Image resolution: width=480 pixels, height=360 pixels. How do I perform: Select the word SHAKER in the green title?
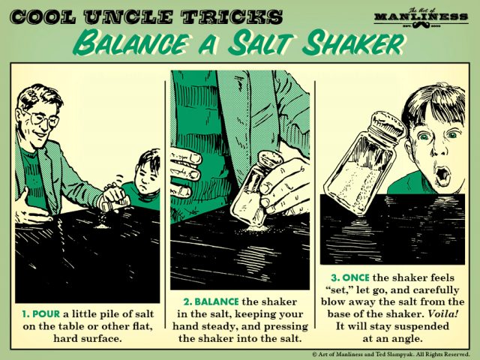(x=352, y=44)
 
